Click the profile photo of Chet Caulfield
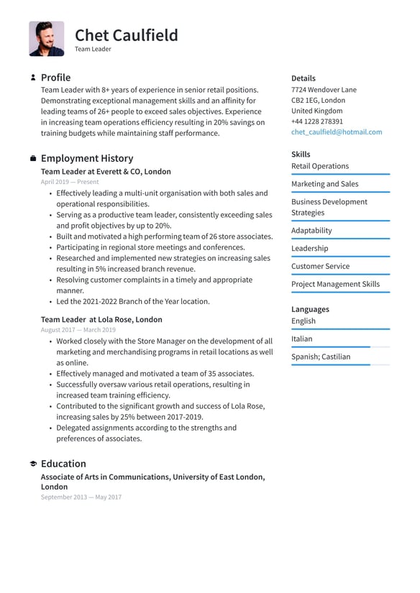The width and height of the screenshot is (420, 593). [47, 39]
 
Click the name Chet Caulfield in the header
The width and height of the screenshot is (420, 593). [126, 35]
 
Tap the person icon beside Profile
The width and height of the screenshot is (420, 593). [33, 78]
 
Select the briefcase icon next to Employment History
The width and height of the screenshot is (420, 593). [33, 158]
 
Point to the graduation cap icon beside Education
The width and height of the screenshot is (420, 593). [33, 464]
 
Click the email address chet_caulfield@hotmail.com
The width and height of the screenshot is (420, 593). [337, 132]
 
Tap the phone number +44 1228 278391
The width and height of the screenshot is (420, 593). [317, 121]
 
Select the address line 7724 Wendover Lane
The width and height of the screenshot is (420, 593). [324, 90]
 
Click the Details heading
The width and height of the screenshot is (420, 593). [303, 78]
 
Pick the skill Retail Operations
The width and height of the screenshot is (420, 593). [320, 166]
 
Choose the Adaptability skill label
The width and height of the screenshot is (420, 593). [311, 231]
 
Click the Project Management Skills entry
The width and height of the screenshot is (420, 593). [335, 284]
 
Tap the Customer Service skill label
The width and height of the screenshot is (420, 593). [320, 266]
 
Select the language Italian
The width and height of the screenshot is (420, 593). [302, 339]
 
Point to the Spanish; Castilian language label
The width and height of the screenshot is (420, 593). [321, 357]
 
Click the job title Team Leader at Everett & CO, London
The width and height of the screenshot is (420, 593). [106, 172]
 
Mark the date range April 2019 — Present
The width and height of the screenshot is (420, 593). [70, 183]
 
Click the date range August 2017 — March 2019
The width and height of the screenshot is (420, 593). [78, 330]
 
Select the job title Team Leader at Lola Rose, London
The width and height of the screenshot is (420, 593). [101, 319]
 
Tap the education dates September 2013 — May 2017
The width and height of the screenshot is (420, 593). [81, 497]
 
